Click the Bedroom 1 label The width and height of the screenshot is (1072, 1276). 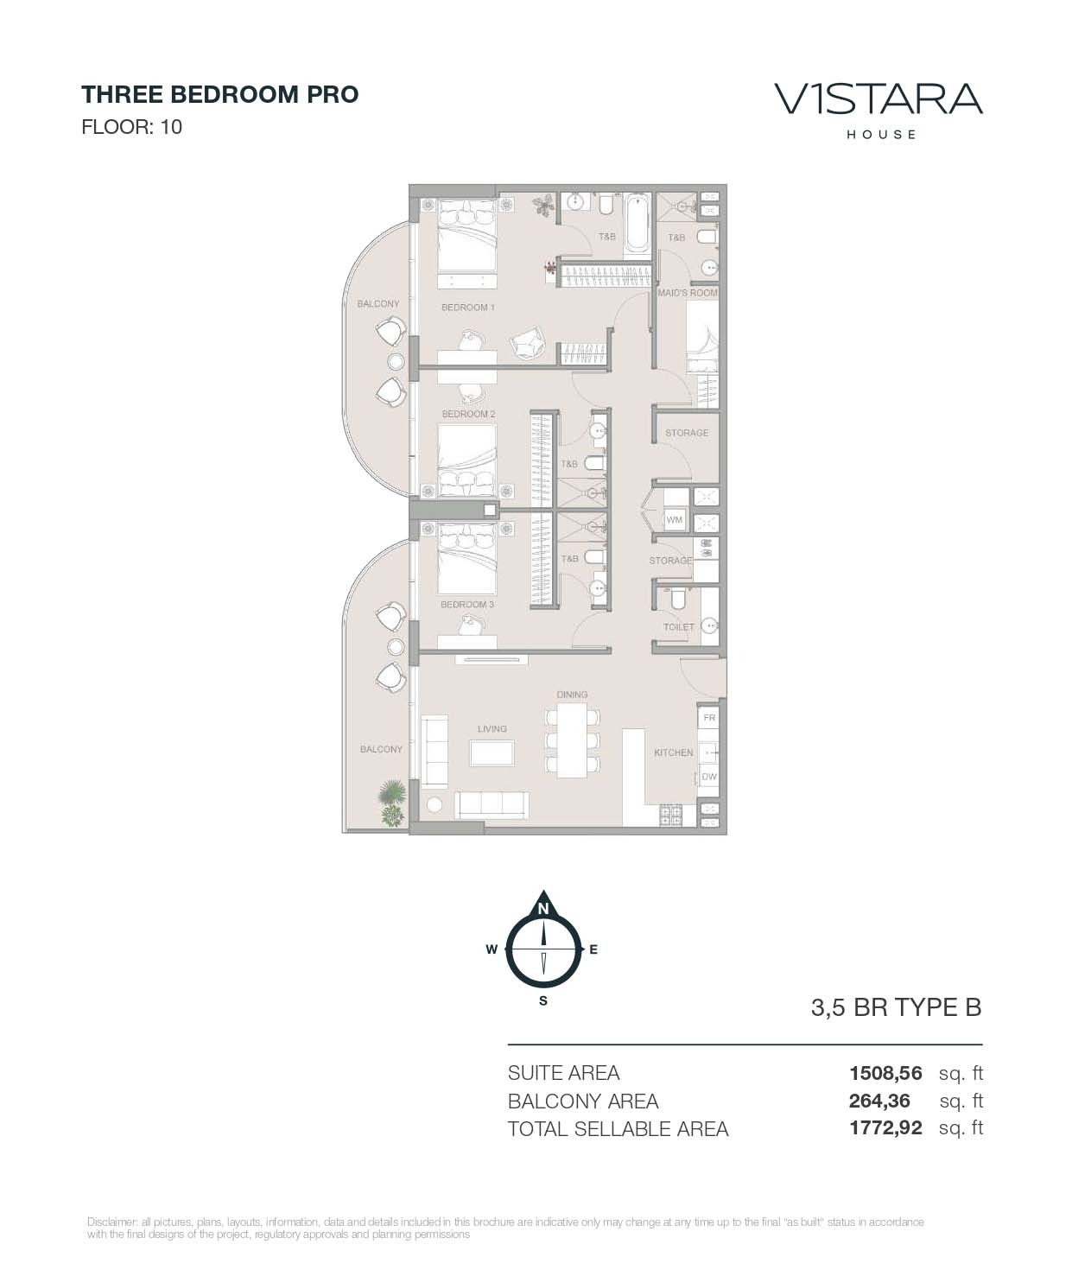pos(467,308)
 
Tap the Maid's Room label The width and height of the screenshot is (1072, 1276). pos(688,293)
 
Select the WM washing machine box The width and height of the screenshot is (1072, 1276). pos(674,520)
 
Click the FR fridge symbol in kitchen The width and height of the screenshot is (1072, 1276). pos(709,718)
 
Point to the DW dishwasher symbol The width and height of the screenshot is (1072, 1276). pos(709,777)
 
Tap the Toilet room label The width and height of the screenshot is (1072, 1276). pos(679,627)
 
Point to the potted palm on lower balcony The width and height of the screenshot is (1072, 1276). pos(393,803)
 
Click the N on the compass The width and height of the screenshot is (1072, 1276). pos(543,909)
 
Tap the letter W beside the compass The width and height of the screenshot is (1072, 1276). pos(491,949)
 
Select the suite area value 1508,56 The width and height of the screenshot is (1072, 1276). pos(885,1074)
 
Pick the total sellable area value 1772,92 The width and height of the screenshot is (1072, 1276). pos(885,1128)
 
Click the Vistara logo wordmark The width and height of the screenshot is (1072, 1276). pos(879,99)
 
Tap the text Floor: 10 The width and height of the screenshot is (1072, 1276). pos(131,127)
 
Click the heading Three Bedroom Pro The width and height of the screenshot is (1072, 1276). pos(219,94)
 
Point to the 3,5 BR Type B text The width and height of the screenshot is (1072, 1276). pos(896,1008)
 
